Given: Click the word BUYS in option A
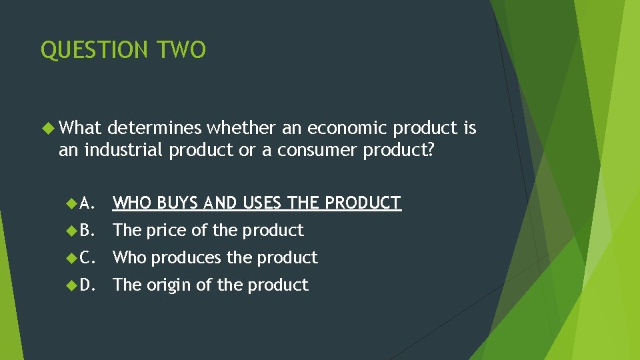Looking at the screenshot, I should [177, 203].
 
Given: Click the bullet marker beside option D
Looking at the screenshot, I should [71, 285].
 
